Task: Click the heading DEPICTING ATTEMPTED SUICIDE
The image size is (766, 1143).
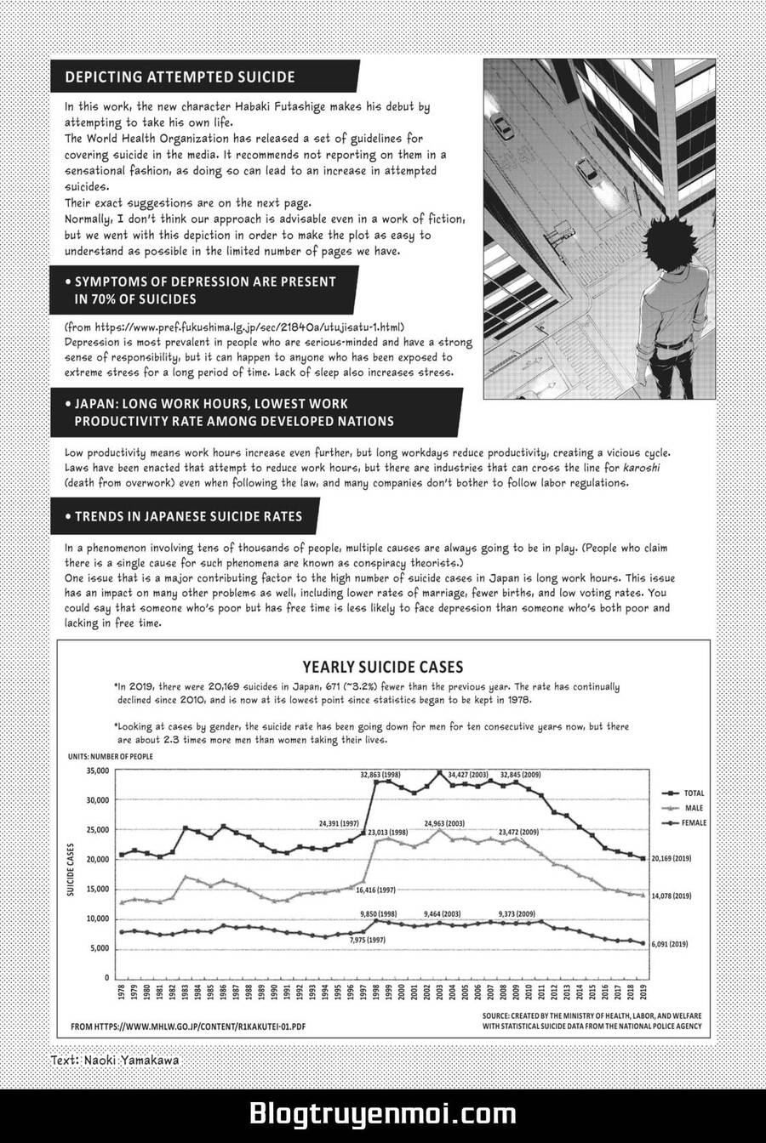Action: coord(180,77)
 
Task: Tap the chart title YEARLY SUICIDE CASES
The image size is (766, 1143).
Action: coord(383,668)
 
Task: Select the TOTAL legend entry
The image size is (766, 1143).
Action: coord(694,792)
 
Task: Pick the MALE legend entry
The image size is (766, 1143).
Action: coord(693,807)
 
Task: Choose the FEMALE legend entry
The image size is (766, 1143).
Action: coord(695,822)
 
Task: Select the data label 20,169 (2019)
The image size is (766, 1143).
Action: coord(672,859)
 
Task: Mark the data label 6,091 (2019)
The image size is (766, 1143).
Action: coord(672,944)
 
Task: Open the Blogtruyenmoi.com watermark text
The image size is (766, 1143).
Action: coord(382,1112)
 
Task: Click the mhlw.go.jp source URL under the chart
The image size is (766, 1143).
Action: coord(188,1026)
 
